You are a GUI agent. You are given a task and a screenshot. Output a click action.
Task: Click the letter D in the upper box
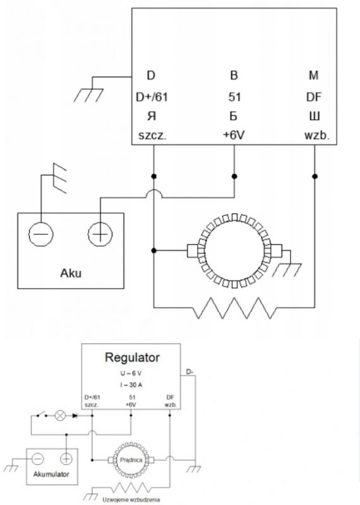tap(151, 75)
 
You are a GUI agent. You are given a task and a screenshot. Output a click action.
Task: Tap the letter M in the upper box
tap(314, 75)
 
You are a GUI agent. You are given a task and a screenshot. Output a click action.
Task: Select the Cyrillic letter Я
tap(152, 116)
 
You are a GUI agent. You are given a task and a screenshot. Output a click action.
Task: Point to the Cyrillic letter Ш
tap(315, 116)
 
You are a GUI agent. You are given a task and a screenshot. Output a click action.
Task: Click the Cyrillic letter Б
tap(234, 116)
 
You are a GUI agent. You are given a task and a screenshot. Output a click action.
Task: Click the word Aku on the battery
tap(71, 273)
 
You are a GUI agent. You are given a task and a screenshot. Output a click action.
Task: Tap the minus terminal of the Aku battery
tap(41, 234)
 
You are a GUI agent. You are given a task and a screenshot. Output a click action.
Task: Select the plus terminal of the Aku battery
tap(100, 234)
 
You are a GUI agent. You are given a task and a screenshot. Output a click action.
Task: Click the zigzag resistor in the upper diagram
tap(234, 308)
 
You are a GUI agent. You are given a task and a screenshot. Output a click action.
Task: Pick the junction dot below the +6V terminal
tap(234, 177)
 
